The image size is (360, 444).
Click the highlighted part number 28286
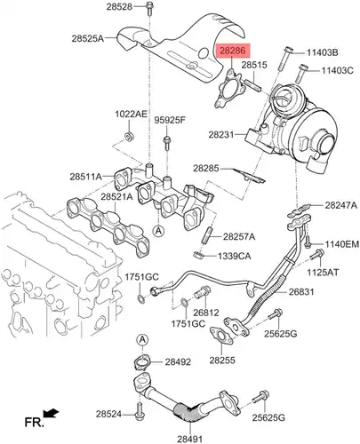233,51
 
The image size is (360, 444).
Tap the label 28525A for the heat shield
88,38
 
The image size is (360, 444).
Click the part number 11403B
322,52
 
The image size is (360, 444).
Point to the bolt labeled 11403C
300,73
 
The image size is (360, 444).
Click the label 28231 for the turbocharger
221,135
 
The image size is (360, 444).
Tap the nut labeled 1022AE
129,137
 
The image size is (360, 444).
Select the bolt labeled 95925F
167,142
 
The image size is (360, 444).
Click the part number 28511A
86,177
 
